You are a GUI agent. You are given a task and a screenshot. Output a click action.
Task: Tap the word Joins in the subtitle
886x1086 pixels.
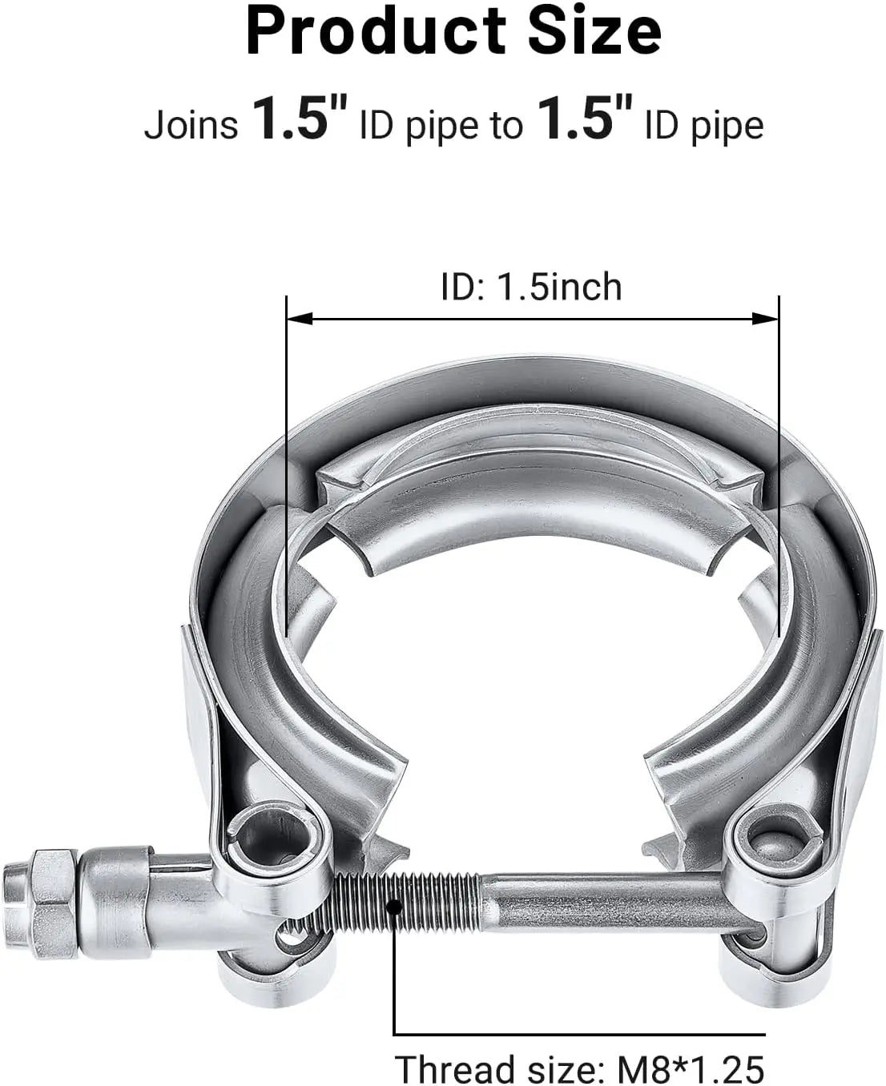191,126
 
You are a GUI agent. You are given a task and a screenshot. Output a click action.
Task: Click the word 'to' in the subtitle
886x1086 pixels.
505,126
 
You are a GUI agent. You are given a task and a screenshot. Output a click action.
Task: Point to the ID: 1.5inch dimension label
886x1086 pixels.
531,287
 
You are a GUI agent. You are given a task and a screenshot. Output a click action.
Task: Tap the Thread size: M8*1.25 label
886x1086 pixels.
579,1068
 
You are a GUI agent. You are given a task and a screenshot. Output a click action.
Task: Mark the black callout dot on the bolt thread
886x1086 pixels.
394,907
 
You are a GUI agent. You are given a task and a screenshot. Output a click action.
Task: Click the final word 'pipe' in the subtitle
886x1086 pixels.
726,126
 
